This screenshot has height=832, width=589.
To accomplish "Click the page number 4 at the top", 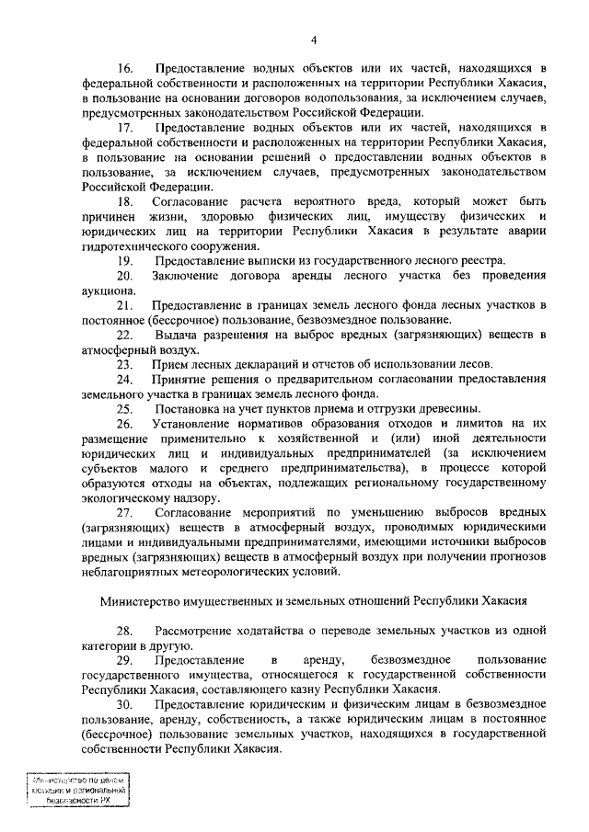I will (313, 40).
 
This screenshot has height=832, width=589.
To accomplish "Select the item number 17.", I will (125, 126).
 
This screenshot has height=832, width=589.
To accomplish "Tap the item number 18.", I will (125, 201).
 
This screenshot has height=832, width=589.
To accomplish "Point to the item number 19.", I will (125, 260).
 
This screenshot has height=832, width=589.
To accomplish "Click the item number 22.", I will (125, 335).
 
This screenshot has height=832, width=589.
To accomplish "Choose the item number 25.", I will (125, 409).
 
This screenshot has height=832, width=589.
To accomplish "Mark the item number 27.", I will (125, 511).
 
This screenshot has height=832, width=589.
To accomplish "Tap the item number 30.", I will (125, 704).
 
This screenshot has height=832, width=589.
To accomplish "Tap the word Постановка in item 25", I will (191, 409).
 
